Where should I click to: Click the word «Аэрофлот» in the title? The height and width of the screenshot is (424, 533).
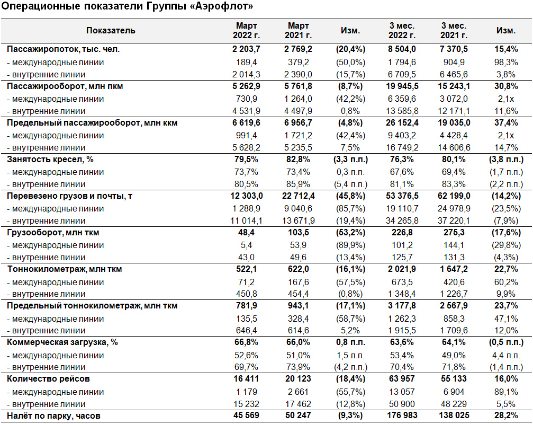(x=222, y=6)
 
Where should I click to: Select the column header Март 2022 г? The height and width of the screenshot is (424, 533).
(x=247, y=31)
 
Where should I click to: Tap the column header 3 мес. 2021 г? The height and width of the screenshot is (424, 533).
(x=454, y=31)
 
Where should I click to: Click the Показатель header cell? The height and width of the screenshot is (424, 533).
(x=111, y=31)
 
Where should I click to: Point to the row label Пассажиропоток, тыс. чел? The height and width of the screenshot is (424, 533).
(x=63, y=49)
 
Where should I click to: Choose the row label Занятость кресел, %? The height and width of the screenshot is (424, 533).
(x=50, y=160)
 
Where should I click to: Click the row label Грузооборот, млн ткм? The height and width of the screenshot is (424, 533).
(x=53, y=233)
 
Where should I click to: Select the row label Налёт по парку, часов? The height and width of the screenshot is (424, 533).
(x=53, y=416)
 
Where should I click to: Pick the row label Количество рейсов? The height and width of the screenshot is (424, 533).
(x=48, y=379)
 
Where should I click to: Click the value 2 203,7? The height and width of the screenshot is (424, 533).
(x=247, y=49)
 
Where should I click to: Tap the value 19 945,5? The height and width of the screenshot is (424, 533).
(x=402, y=86)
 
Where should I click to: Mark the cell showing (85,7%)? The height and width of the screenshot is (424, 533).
(x=350, y=209)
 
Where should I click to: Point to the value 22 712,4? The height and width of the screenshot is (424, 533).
(x=299, y=196)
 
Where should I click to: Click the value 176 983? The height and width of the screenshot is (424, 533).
(x=402, y=416)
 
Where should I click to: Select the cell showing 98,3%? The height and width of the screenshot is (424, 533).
(x=506, y=62)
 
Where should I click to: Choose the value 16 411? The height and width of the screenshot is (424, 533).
(x=247, y=379)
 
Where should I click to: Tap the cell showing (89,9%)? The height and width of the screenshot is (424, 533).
(x=350, y=245)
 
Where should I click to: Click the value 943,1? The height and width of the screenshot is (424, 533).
(x=299, y=306)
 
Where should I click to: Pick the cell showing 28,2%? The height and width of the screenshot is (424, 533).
(x=506, y=416)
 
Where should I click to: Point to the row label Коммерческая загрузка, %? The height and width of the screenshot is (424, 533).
(x=62, y=342)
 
